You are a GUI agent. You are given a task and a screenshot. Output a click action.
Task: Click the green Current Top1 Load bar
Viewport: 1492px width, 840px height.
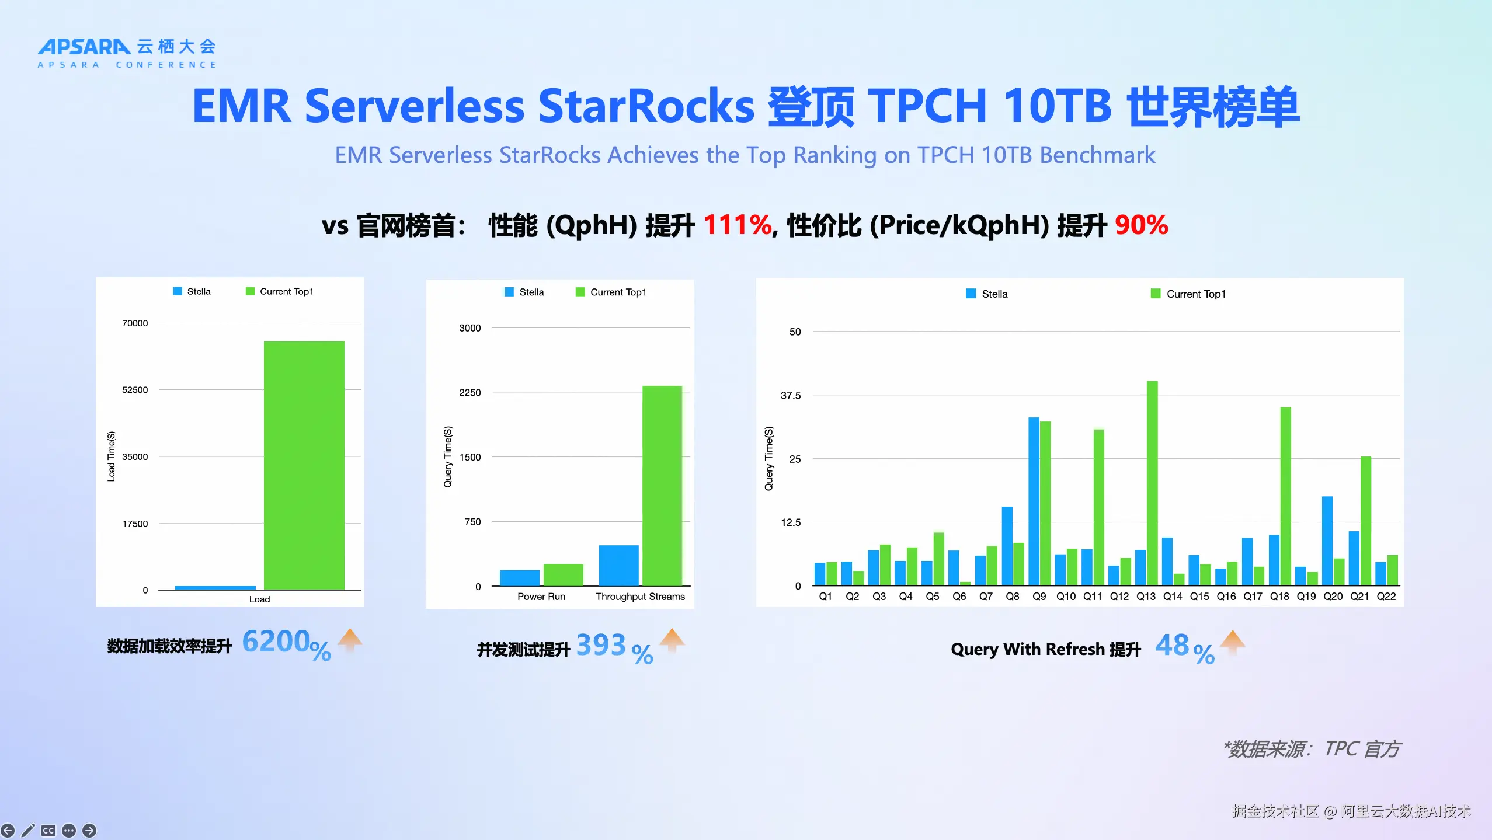coord(304,465)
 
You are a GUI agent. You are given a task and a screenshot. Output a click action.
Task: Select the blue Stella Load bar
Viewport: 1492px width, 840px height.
coord(215,587)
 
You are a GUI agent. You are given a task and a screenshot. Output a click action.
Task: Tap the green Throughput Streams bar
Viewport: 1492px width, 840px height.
coord(662,485)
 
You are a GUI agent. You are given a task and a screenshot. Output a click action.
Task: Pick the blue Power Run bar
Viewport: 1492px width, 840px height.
coord(519,577)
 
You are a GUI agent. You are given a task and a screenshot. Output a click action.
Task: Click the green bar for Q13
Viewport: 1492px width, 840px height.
coord(1152,483)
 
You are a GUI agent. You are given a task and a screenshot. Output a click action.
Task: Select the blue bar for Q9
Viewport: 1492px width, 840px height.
coord(1034,501)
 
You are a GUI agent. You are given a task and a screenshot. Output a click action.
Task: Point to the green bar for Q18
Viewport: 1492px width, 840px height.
coord(1285,496)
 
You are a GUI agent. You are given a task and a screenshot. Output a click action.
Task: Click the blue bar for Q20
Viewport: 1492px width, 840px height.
coord(1327,541)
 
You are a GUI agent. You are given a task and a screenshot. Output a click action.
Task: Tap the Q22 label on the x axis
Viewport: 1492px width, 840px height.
coord(1386,597)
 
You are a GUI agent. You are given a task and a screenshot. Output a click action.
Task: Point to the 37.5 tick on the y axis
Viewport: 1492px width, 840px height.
coord(791,395)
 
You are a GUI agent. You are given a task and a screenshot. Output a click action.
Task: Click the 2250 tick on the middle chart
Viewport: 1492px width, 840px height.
coord(469,392)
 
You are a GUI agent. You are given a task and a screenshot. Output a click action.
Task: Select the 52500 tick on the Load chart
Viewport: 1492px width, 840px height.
coord(135,389)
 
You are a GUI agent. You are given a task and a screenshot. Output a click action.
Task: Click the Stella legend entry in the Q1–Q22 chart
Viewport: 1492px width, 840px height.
coord(987,294)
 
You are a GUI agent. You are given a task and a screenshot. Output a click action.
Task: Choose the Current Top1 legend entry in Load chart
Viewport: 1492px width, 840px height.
coord(280,291)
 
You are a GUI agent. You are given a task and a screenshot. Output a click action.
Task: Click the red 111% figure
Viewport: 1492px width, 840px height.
coord(738,225)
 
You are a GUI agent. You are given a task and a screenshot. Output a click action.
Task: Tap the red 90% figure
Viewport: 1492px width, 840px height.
coord(1141,225)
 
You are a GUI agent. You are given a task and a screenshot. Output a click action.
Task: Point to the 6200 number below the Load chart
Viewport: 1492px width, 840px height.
coord(276,642)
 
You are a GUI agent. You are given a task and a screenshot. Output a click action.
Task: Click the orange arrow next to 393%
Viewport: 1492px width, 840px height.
coord(672,640)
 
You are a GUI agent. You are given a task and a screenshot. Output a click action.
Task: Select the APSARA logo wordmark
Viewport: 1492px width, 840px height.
coord(84,47)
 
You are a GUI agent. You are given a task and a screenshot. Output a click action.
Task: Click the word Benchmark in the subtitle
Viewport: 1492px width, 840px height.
coord(1097,155)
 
